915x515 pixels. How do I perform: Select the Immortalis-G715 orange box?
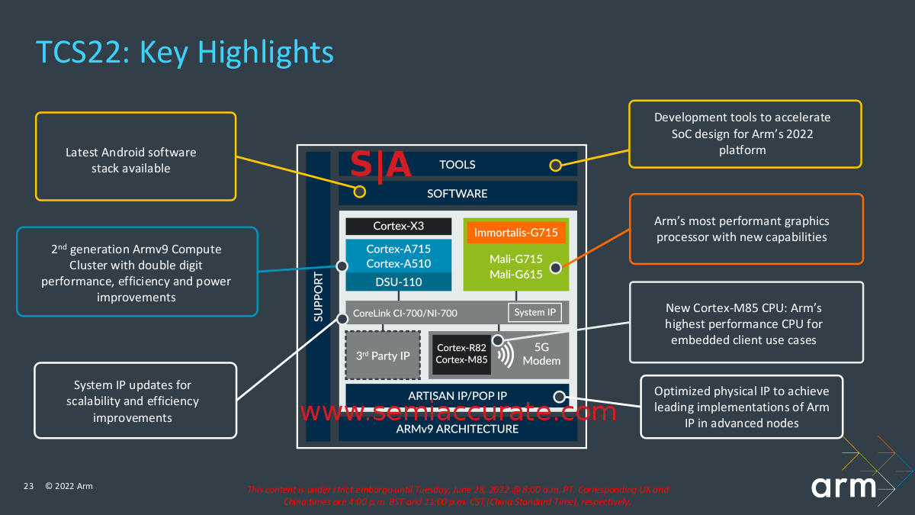(x=515, y=232)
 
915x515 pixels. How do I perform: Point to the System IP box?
(x=535, y=312)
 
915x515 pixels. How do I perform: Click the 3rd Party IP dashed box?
(x=384, y=356)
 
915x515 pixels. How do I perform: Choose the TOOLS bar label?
(x=457, y=165)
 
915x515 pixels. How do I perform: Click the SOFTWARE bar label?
(x=457, y=194)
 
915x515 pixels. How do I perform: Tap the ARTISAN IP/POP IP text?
(x=457, y=395)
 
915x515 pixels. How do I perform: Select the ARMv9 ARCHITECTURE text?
(x=457, y=429)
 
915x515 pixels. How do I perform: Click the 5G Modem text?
(x=541, y=355)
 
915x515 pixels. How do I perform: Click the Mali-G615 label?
(x=515, y=275)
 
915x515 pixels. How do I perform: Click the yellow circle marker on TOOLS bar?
(x=556, y=166)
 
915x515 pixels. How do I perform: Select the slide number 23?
(x=29, y=486)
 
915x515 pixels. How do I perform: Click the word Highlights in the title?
(x=266, y=53)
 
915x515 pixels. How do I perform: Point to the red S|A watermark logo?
(x=381, y=166)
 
